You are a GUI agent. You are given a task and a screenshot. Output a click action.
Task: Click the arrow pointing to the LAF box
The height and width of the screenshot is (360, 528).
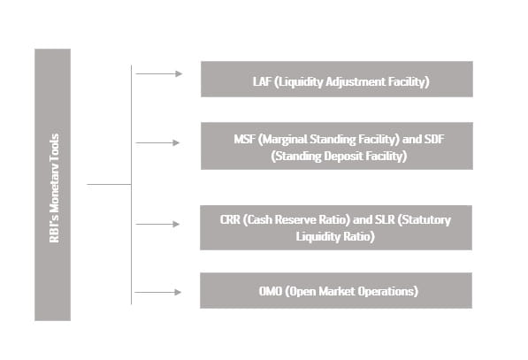pyautogui.click(x=159, y=73)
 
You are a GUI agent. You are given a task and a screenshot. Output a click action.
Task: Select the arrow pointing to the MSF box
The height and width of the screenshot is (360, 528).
pyautogui.click(x=157, y=142)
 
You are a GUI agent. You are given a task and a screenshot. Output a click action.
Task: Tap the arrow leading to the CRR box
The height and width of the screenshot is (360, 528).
pyautogui.click(x=157, y=224)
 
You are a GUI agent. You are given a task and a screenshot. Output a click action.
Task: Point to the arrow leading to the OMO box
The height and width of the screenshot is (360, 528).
pyautogui.click(x=158, y=292)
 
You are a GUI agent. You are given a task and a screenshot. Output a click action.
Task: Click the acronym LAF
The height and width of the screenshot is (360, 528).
pyautogui.click(x=262, y=81)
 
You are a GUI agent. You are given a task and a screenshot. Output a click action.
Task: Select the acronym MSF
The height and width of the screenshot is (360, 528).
pyautogui.click(x=244, y=139)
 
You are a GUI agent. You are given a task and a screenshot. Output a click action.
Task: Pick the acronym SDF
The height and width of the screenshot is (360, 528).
pyautogui.click(x=434, y=139)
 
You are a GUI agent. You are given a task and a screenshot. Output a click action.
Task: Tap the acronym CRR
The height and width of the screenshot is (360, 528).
pyautogui.click(x=230, y=219)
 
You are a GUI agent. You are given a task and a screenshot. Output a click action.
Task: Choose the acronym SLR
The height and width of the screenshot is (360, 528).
pyautogui.click(x=385, y=219)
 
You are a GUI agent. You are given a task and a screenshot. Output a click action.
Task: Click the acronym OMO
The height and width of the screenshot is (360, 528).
pyautogui.click(x=270, y=291)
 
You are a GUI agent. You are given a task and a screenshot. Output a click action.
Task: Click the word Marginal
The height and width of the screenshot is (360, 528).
pyautogui.click(x=282, y=140)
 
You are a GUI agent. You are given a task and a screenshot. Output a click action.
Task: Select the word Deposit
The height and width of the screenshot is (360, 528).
pyautogui.click(x=343, y=157)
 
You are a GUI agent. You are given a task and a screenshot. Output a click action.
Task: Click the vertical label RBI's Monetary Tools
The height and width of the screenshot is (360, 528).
pyautogui.click(x=54, y=188)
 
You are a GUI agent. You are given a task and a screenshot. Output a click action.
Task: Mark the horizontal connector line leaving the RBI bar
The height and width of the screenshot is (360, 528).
pyautogui.click(x=109, y=184)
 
